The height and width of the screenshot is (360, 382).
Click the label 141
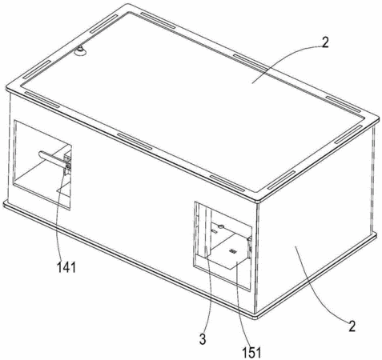click(66, 267)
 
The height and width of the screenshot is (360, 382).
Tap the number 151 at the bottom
click(251, 353)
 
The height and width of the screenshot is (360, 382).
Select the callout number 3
click(203, 339)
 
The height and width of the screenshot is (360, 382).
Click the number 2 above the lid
click(324, 42)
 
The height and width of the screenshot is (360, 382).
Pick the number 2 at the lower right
click(352, 326)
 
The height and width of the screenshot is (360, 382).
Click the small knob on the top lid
click(79, 50)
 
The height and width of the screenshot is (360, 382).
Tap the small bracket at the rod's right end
click(68, 164)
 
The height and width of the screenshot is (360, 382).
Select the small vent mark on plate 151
click(233, 251)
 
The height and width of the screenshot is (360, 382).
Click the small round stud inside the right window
click(220, 226)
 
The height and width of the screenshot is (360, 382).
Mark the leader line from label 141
click(59, 215)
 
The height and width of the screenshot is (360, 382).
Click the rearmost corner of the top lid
click(128, 6)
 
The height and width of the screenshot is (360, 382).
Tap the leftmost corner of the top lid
click(7, 88)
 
